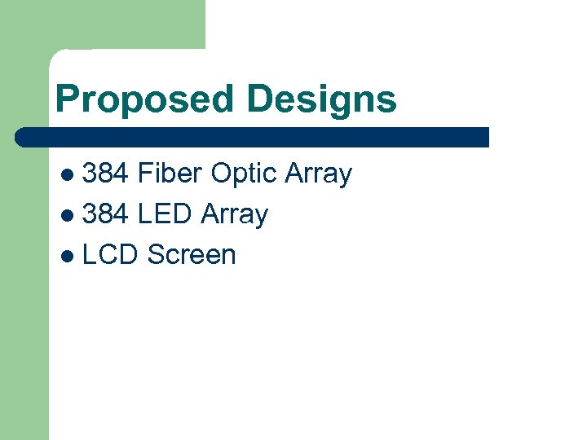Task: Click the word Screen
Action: [x=192, y=255]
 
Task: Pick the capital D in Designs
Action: [x=260, y=99]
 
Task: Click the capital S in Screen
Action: [x=156, y=255]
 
